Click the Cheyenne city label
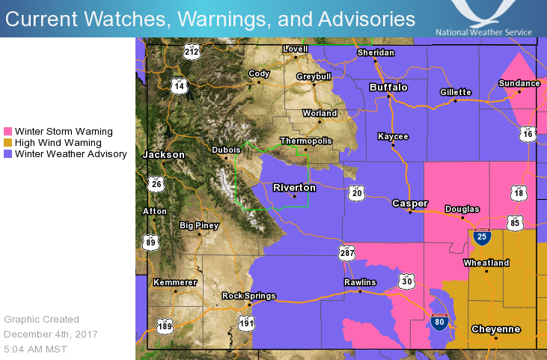point(495,329)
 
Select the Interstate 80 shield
point(439,323)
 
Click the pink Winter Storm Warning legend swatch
point(8,130)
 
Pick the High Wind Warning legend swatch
point(8,142)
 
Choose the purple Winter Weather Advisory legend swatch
point(8,154)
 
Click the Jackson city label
point(163,155)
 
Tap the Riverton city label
point(294,188)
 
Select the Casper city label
point(410,204)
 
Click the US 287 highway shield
point(346,252)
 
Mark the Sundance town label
point(519,83)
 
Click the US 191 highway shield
point(247,323)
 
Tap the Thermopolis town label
point(305,141)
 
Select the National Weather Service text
point(483,32)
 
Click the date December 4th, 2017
point(50,334)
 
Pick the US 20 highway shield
point(357,194)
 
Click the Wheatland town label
point(486,263)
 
